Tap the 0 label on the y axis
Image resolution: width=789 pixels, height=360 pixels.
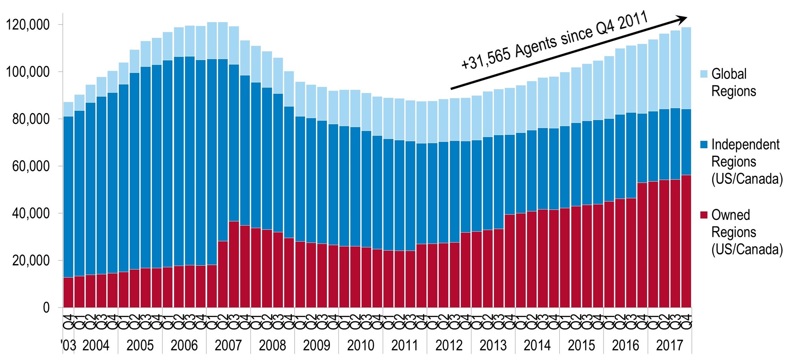[46, 308]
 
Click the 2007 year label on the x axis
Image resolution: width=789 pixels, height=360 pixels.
[228, 345]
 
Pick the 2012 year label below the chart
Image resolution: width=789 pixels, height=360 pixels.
[449, 345]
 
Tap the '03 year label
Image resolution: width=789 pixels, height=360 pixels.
[69, 345]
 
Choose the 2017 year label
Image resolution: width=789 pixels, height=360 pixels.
[669, 345]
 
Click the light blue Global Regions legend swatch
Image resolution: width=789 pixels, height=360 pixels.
[704, 74]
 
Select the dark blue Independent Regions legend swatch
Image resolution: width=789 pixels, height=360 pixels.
[704, 145]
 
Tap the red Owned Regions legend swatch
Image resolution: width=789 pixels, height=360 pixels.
[704, 215]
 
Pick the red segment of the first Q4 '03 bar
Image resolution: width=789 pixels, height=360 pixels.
[68, 292]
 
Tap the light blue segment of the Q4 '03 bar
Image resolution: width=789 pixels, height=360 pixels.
[68, 109]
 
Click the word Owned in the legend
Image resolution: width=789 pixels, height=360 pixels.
[731, 215]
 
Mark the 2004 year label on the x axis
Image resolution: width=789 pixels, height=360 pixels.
[96, 345]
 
